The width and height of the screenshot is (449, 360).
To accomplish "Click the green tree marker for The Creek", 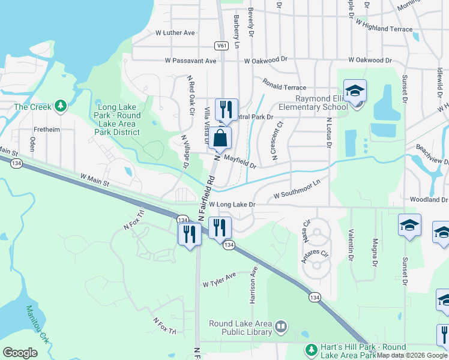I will click(x=60, y=107).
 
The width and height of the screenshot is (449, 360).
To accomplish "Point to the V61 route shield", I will click(x=221, y=46).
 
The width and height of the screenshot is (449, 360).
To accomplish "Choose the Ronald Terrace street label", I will click(x=284, y=88).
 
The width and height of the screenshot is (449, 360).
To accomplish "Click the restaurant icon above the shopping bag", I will click(x=226, y=109).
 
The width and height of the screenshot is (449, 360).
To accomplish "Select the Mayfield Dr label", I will click(x=240, y=161).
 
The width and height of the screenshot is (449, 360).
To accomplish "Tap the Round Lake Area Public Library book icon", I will click(x=281, y=328).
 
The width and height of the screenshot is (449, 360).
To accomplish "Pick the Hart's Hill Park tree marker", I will click(x=311, y=349).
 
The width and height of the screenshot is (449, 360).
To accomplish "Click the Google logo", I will click(x=20, y=353).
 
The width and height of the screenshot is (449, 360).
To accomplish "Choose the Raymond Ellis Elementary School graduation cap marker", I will click(x=355, y=91).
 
